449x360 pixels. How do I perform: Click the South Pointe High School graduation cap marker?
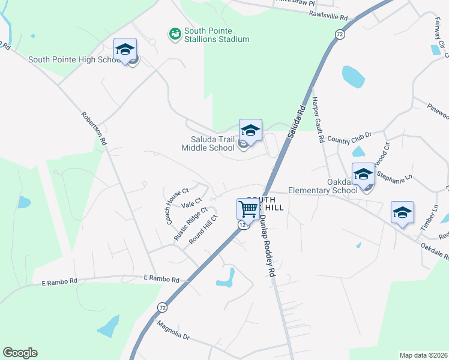(x=125, y=50)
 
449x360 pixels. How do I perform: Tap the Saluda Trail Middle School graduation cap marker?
(x=250, y=130)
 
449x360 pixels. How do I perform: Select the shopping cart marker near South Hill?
(x=248, y=209)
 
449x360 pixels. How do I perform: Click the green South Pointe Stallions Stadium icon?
(x=175, y=34)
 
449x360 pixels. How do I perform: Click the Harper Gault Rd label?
(x=318, y=121)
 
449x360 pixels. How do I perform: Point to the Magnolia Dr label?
(x=173, y=331)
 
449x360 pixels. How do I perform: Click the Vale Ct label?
(x=194, y=203)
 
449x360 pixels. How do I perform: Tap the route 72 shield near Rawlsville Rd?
(x=340, y=35)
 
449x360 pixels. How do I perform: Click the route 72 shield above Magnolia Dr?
(x=162, y=307)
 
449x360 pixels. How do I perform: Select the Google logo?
(x=20, y=353)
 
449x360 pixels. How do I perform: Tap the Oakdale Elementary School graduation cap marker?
(x=363, y=174)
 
